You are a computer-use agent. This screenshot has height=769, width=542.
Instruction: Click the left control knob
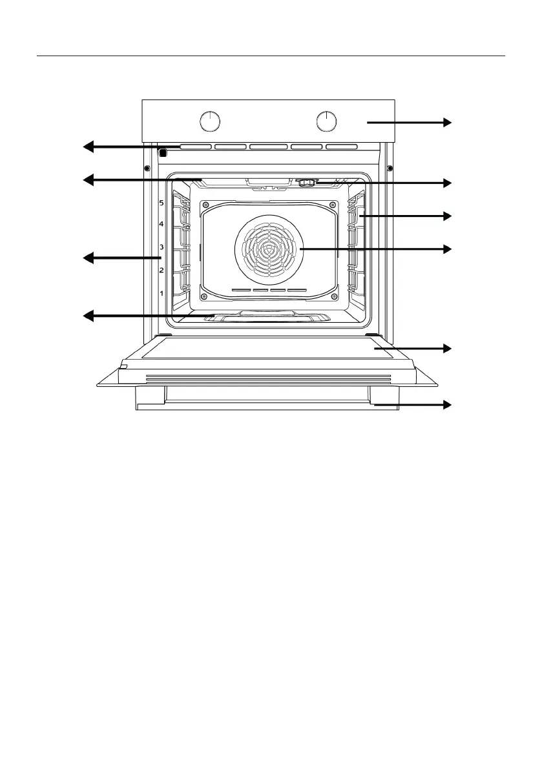tap(210, 121)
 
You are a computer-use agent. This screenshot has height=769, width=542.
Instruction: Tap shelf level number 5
tap(162, 203)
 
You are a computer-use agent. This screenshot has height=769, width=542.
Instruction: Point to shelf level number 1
tap(162, 294)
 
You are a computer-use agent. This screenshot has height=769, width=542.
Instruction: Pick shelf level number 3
tap(162, 247)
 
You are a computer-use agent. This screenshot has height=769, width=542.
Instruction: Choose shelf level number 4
tap(162, 224)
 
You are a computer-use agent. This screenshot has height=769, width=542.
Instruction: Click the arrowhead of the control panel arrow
tap(447, 121)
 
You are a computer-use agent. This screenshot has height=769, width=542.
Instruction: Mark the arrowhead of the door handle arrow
tap(447, 405)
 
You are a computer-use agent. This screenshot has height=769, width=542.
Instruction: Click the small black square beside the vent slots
tap(162, 153)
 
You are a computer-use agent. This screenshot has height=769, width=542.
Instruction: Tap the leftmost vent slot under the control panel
tap(196, 147)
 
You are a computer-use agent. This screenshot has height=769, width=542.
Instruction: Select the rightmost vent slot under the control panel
tap(342, 147)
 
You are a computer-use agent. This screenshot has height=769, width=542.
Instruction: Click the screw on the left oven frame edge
tap(147, 169)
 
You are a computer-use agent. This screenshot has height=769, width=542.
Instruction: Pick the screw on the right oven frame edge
tap(390, 169)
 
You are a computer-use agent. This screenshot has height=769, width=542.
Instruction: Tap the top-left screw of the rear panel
tap(205, 206)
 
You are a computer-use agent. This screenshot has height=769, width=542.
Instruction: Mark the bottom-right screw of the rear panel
tap(333, 297)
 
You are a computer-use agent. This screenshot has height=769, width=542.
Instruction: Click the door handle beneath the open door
tap(268, 405)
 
